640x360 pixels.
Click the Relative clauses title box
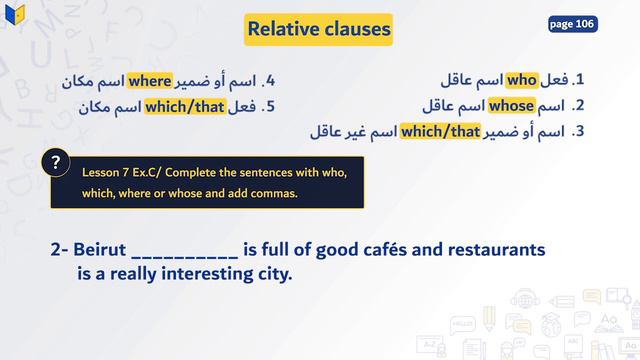tap(318, 29)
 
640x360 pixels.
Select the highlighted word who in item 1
tap(522, 79)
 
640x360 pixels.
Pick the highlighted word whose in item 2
tap(512, 105)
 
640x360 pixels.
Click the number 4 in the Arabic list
tap(269, 79)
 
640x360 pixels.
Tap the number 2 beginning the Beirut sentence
tap(57, 247)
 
